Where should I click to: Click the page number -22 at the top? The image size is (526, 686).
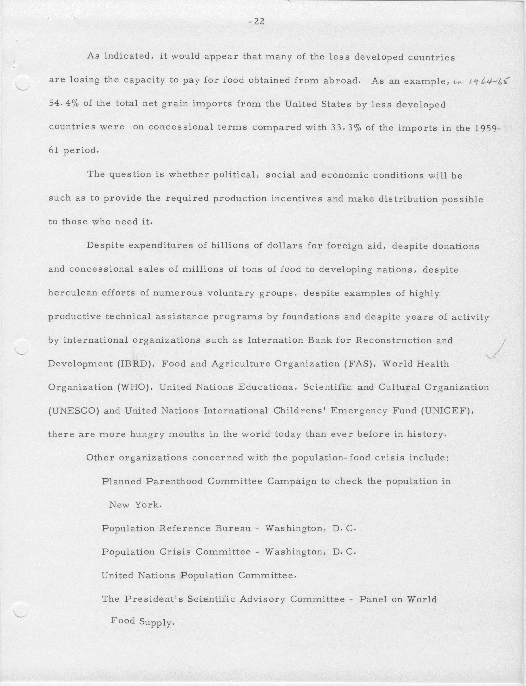coord(256,22)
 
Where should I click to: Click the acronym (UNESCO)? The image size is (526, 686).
coord(74,411)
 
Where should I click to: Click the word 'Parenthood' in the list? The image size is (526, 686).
coord(174,481)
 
